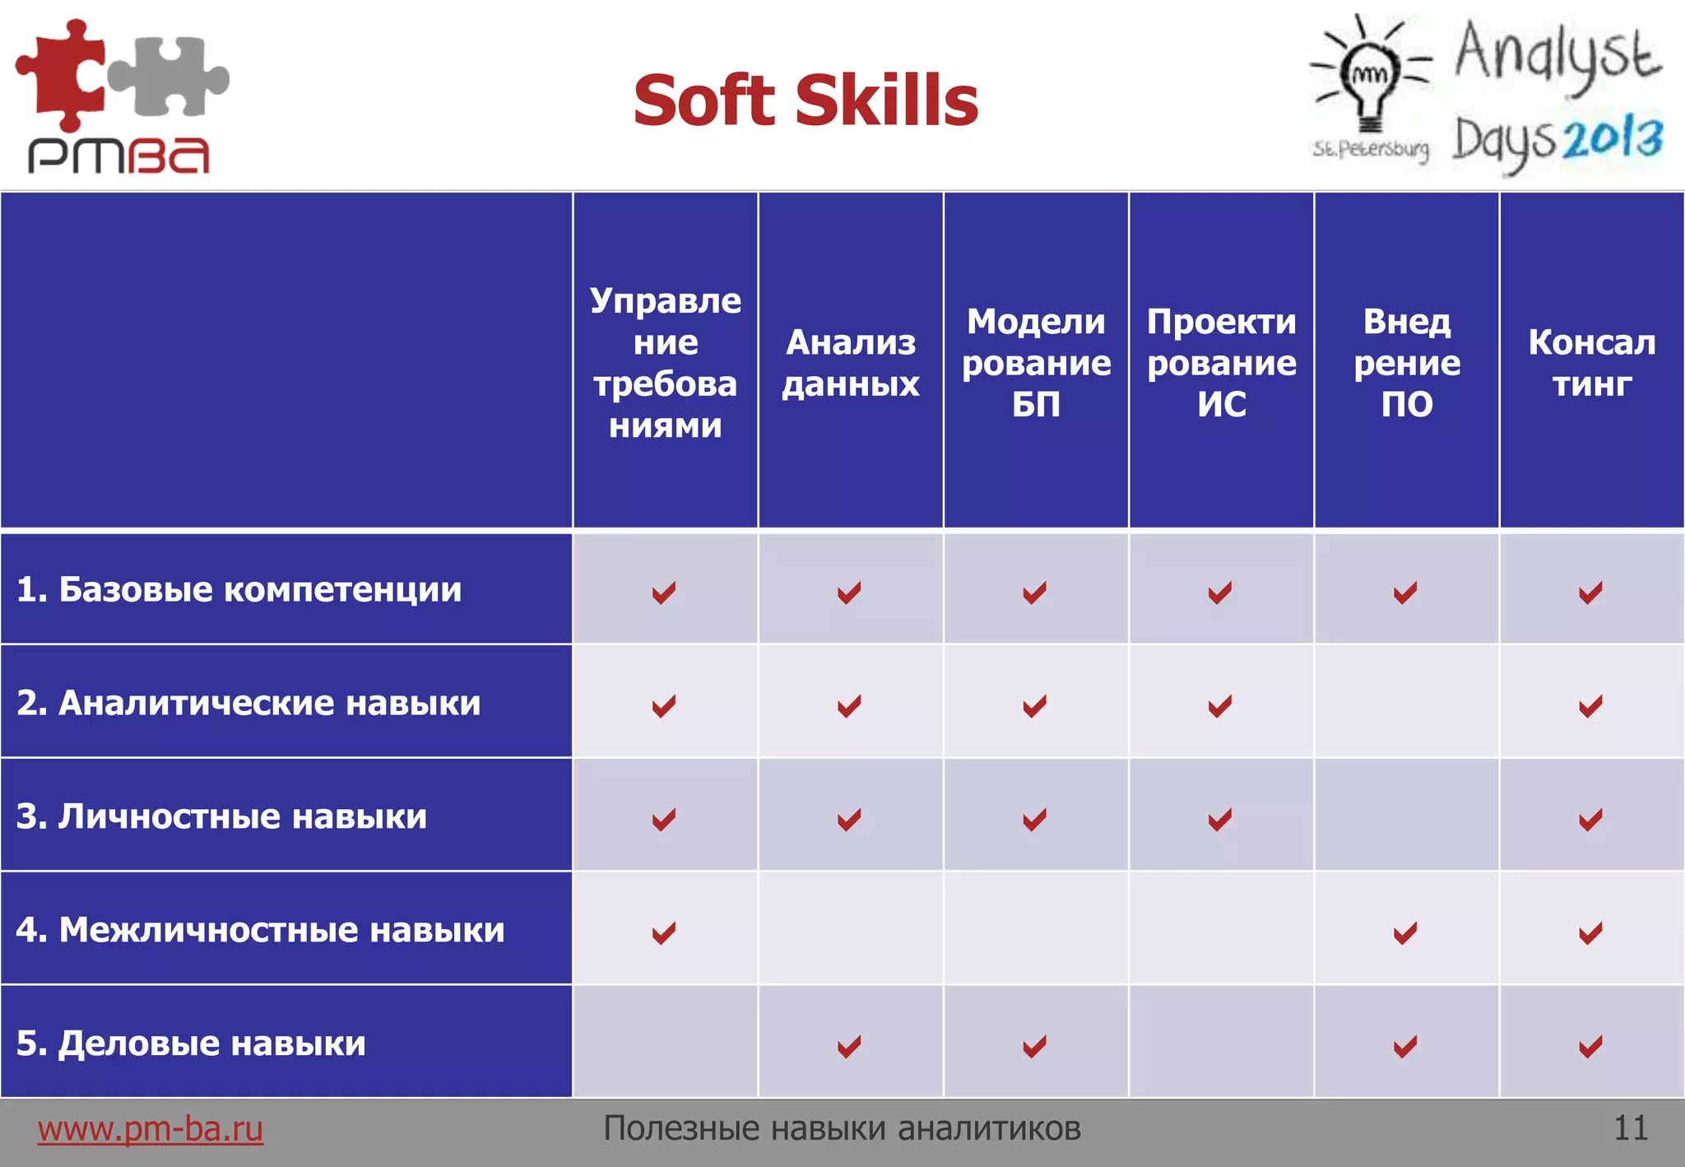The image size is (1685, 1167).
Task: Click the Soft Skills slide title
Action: pos(805,100)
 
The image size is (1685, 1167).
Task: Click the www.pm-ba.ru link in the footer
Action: pos(150,1128)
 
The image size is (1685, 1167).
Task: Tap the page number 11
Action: pos(1630,1128)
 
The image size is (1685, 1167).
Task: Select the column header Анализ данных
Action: pos(851,363)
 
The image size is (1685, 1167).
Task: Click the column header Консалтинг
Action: pos(1592,363)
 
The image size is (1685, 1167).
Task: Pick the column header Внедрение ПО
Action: pos(1407,363)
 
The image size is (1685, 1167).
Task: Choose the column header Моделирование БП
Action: pos(1036,363)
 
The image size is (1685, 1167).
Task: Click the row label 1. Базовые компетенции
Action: pos(239,589)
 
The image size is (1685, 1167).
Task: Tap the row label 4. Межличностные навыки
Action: pos(260,930)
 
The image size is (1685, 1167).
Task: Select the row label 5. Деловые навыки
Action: pos(191,1044)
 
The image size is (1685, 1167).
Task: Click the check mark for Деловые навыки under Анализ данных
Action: pos(849,1046)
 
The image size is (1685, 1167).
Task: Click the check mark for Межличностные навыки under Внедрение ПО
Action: pos(1405,932)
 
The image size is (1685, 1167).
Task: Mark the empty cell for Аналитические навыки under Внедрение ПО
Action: pos(1407,702)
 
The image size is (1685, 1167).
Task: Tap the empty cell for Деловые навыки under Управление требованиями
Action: pos(665,1042)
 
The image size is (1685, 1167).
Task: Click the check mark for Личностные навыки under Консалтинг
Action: pos(1590,819)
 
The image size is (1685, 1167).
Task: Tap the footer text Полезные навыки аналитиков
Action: pos(842,1128)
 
